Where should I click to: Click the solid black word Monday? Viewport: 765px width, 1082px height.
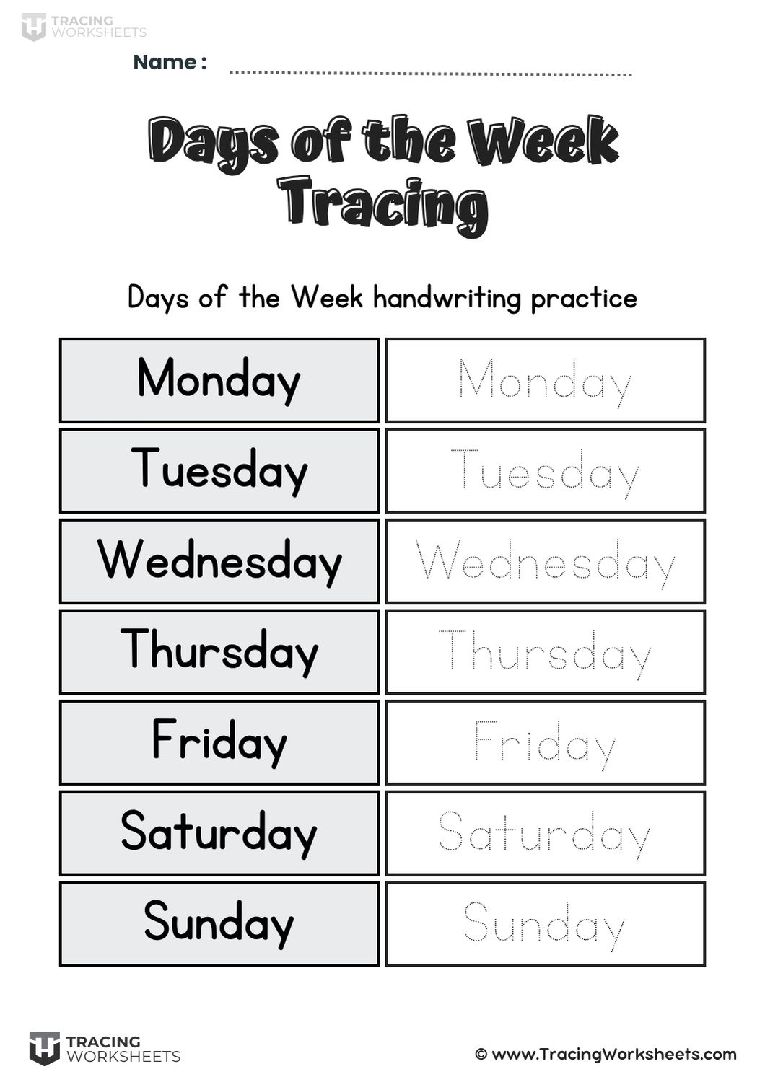pos(219,379)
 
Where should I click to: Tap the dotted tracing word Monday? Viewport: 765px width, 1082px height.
pos(545,382)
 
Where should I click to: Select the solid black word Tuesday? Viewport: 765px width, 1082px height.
pos(219,470)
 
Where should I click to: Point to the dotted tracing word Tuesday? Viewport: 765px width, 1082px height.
pos(545,472)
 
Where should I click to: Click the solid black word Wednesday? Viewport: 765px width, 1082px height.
pos(219,561)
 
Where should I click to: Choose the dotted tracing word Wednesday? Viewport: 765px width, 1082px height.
pos(545,563)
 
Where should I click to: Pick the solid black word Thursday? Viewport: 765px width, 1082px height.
pos(219,651)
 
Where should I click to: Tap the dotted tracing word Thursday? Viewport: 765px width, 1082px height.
pos(545,654)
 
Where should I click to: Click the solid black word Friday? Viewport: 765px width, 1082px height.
pos(219,742)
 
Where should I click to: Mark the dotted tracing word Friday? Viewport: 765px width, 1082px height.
pos(545,744)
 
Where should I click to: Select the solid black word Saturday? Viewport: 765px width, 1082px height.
pos(219,832)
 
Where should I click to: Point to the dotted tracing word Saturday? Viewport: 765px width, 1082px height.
pos(545,835)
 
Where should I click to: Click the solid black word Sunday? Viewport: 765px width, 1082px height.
pos(219,923)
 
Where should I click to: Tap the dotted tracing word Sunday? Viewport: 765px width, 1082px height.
pos(545,925)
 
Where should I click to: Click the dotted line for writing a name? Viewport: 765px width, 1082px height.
pos(430,73)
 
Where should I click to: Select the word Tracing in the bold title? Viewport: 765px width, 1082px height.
pos(382,204)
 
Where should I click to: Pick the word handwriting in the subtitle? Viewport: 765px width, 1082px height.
pos(447,298)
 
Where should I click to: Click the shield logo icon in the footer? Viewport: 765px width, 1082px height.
pos(44,1048)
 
